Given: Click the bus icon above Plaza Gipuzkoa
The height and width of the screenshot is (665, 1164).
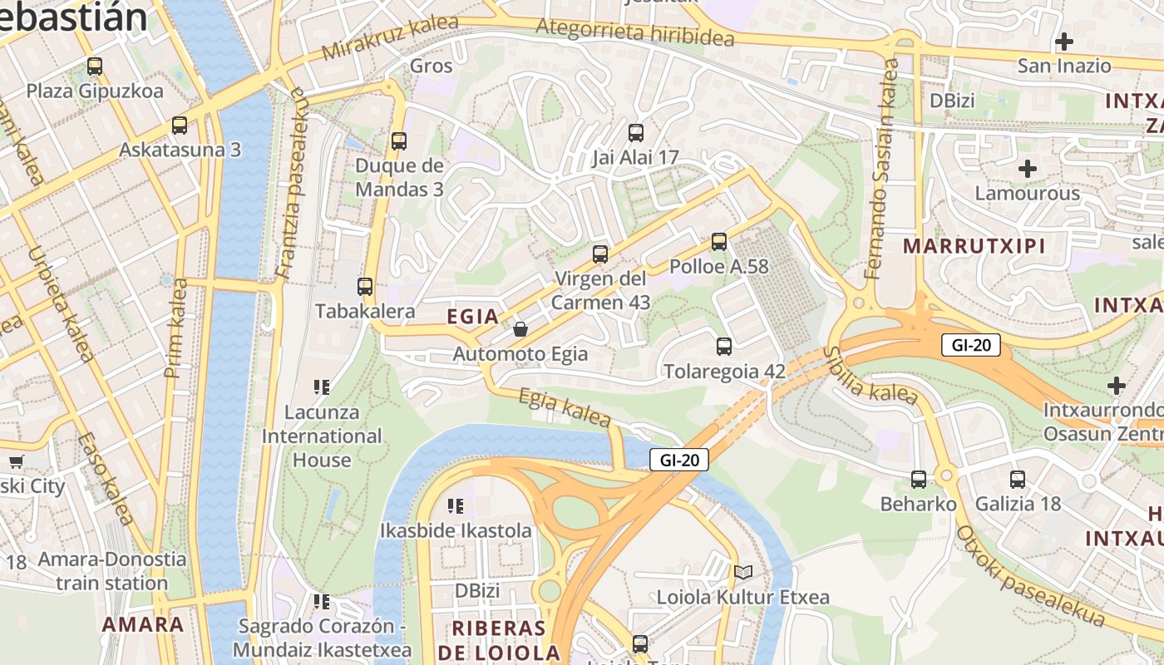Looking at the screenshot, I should pos(95,66).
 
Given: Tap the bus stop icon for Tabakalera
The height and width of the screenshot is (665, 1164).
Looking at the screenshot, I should pos(365,287).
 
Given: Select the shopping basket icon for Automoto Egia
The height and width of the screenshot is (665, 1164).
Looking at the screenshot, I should pos(520,329).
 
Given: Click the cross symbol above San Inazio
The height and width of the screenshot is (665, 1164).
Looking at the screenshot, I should pos(1063,41).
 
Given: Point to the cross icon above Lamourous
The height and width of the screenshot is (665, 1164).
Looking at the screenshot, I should pos(1028,169).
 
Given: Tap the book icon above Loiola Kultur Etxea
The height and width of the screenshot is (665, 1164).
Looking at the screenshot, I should pos(742,572).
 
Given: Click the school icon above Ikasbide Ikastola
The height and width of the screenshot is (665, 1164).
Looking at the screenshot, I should pos(455,505).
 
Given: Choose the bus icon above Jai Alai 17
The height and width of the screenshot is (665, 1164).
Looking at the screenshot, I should pos(636,132).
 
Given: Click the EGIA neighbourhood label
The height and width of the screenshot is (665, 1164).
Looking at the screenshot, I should pos(473,317).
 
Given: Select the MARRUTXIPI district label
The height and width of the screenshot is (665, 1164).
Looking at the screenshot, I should pos(974,246).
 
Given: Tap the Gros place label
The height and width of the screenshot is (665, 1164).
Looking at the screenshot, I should pos(432,66).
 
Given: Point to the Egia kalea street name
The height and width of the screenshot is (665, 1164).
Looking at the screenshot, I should pos(565,407).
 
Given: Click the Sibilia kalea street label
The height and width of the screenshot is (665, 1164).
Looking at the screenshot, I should pos(870,377).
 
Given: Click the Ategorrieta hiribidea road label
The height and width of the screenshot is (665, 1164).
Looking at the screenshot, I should pos(635,32).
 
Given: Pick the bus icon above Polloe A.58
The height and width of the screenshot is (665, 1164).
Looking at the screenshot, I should pos(719,242).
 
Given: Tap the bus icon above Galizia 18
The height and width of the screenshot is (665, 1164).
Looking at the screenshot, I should pos(1018,479).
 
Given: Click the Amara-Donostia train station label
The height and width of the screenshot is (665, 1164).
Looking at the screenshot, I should pos(111,570).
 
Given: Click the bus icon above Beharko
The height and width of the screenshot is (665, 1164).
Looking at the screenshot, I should pos(919,479).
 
